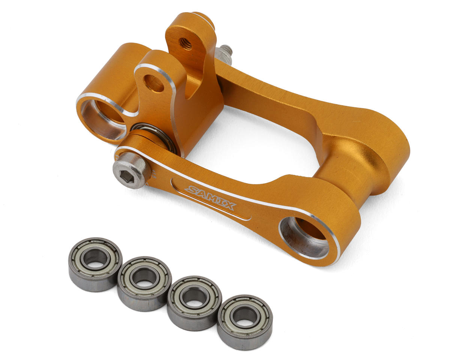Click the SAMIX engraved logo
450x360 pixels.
pos(210,198)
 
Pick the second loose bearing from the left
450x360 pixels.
pos(144,283)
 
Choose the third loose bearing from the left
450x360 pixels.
pos(195,303)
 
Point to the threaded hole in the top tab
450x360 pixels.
pos(186,43)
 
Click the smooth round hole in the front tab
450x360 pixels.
pos(154,83)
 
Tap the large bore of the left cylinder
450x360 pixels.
pos(104,119)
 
